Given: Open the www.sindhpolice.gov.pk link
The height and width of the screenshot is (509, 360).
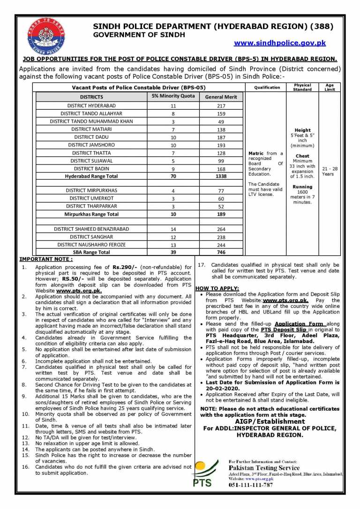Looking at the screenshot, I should (280, 43).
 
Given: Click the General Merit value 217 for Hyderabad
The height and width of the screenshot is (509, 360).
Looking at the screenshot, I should (221, 106).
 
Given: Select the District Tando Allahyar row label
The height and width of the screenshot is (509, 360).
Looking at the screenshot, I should (91, 114).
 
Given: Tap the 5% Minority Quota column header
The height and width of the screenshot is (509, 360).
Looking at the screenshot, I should (173, 97).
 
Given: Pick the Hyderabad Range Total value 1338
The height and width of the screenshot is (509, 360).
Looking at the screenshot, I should (221, 176).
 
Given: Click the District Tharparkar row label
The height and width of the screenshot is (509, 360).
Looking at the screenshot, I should (91, 206).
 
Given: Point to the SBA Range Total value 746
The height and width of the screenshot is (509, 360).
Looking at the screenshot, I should (221, 252).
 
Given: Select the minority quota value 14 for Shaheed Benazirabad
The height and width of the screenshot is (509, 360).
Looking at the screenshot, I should (173, 229).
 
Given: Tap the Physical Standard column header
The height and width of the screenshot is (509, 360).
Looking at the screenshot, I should (302, 87).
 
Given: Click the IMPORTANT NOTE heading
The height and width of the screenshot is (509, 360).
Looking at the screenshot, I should (46, 259).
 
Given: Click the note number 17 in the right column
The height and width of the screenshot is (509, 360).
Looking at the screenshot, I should (201, 265).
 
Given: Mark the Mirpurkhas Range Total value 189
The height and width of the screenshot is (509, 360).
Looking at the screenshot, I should (221, 214).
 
